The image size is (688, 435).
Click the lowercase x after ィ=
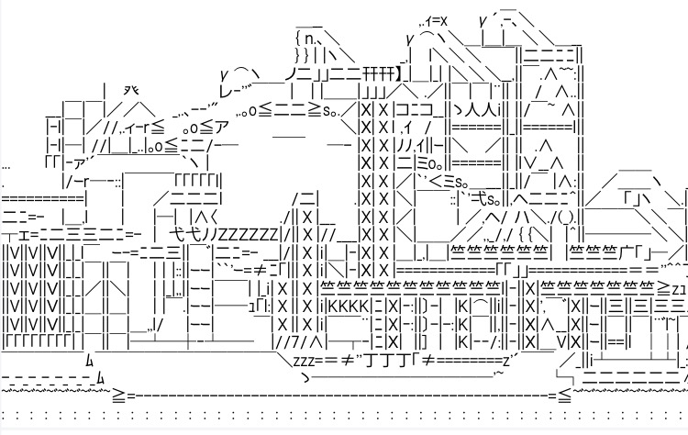point(443,21)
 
